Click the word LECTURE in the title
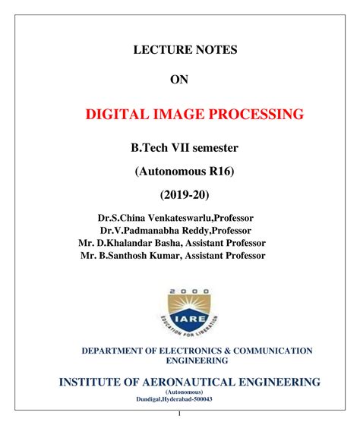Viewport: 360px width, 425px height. tap(159, 50)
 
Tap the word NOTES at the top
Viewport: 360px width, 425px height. tap(215, 50)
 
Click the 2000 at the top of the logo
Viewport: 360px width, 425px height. tap(187, 291)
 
